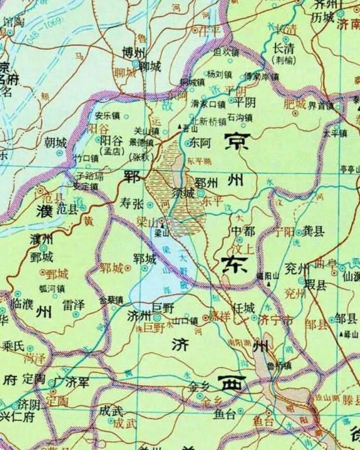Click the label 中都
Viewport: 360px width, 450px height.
coord(242,231)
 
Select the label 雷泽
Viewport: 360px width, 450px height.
coord(73,304)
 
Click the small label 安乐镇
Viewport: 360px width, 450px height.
coord(107,116)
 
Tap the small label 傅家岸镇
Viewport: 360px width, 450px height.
coord(261,77)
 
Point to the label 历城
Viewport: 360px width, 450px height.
coord(322,17)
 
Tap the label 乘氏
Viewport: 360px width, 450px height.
coord(14,345)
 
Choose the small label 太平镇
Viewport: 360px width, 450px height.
coord(334,134)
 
